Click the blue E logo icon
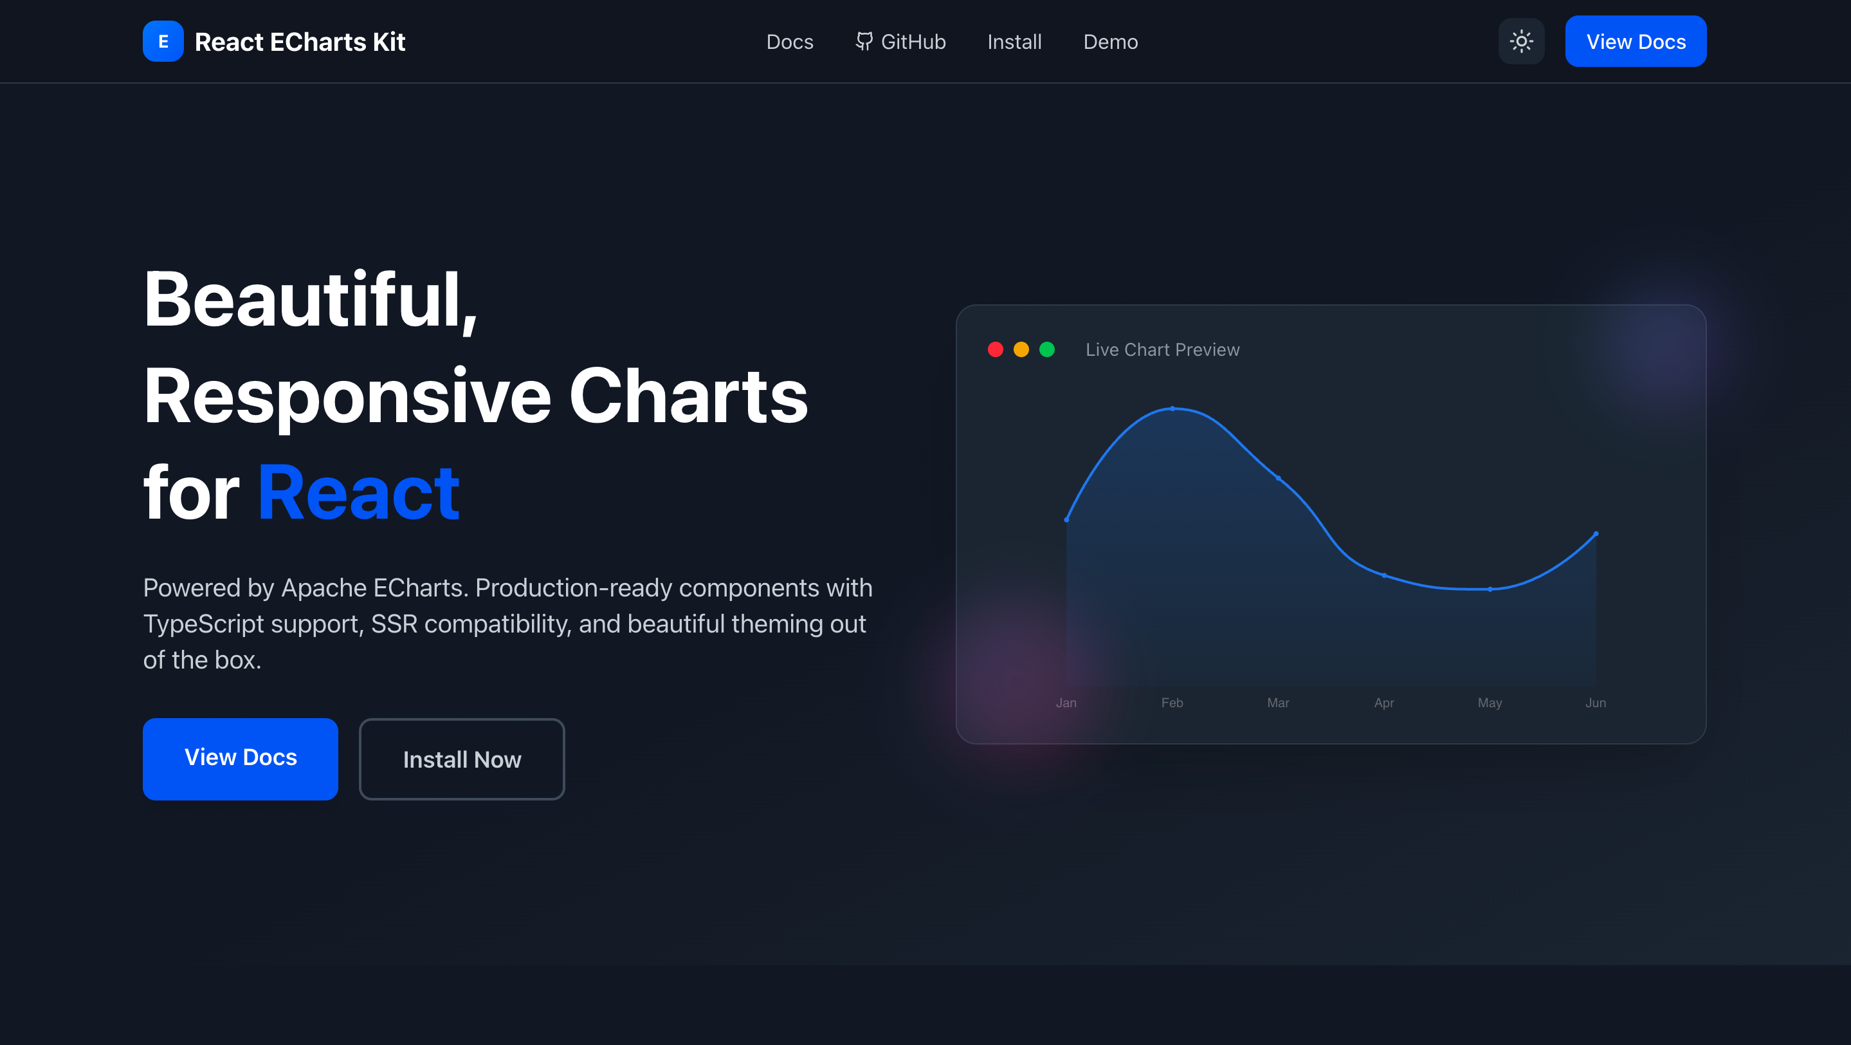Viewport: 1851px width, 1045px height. tap(163, 42)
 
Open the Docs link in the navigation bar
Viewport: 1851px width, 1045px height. tap(790, 42)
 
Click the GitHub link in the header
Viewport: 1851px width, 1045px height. tap(900, 42)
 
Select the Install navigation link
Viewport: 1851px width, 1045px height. tap(1014, 42)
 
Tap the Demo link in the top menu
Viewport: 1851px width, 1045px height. tap(1110, 42)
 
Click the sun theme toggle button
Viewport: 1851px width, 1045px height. tap(1521, 42)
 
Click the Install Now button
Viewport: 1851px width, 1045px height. tap(462, 759)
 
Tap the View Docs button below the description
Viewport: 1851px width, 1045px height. tap(241, 759)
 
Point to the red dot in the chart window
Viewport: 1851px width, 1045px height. tap(995, 349)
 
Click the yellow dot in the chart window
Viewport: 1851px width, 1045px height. tap(1021, 349)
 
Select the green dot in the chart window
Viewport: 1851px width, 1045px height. tap(1047, 349)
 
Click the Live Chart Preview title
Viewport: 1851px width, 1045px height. tap(1163, 349)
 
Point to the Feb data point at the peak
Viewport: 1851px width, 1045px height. tap(1172, 408)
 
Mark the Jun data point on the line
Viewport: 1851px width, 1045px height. tap(1596, 534)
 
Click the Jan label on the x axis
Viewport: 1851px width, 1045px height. tap(1066, 703)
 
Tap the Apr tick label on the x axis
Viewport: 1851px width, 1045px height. tap(1384, 703)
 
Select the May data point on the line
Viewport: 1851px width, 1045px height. tap(1490, 589)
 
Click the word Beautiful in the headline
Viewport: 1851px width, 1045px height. tap(311, 300)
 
